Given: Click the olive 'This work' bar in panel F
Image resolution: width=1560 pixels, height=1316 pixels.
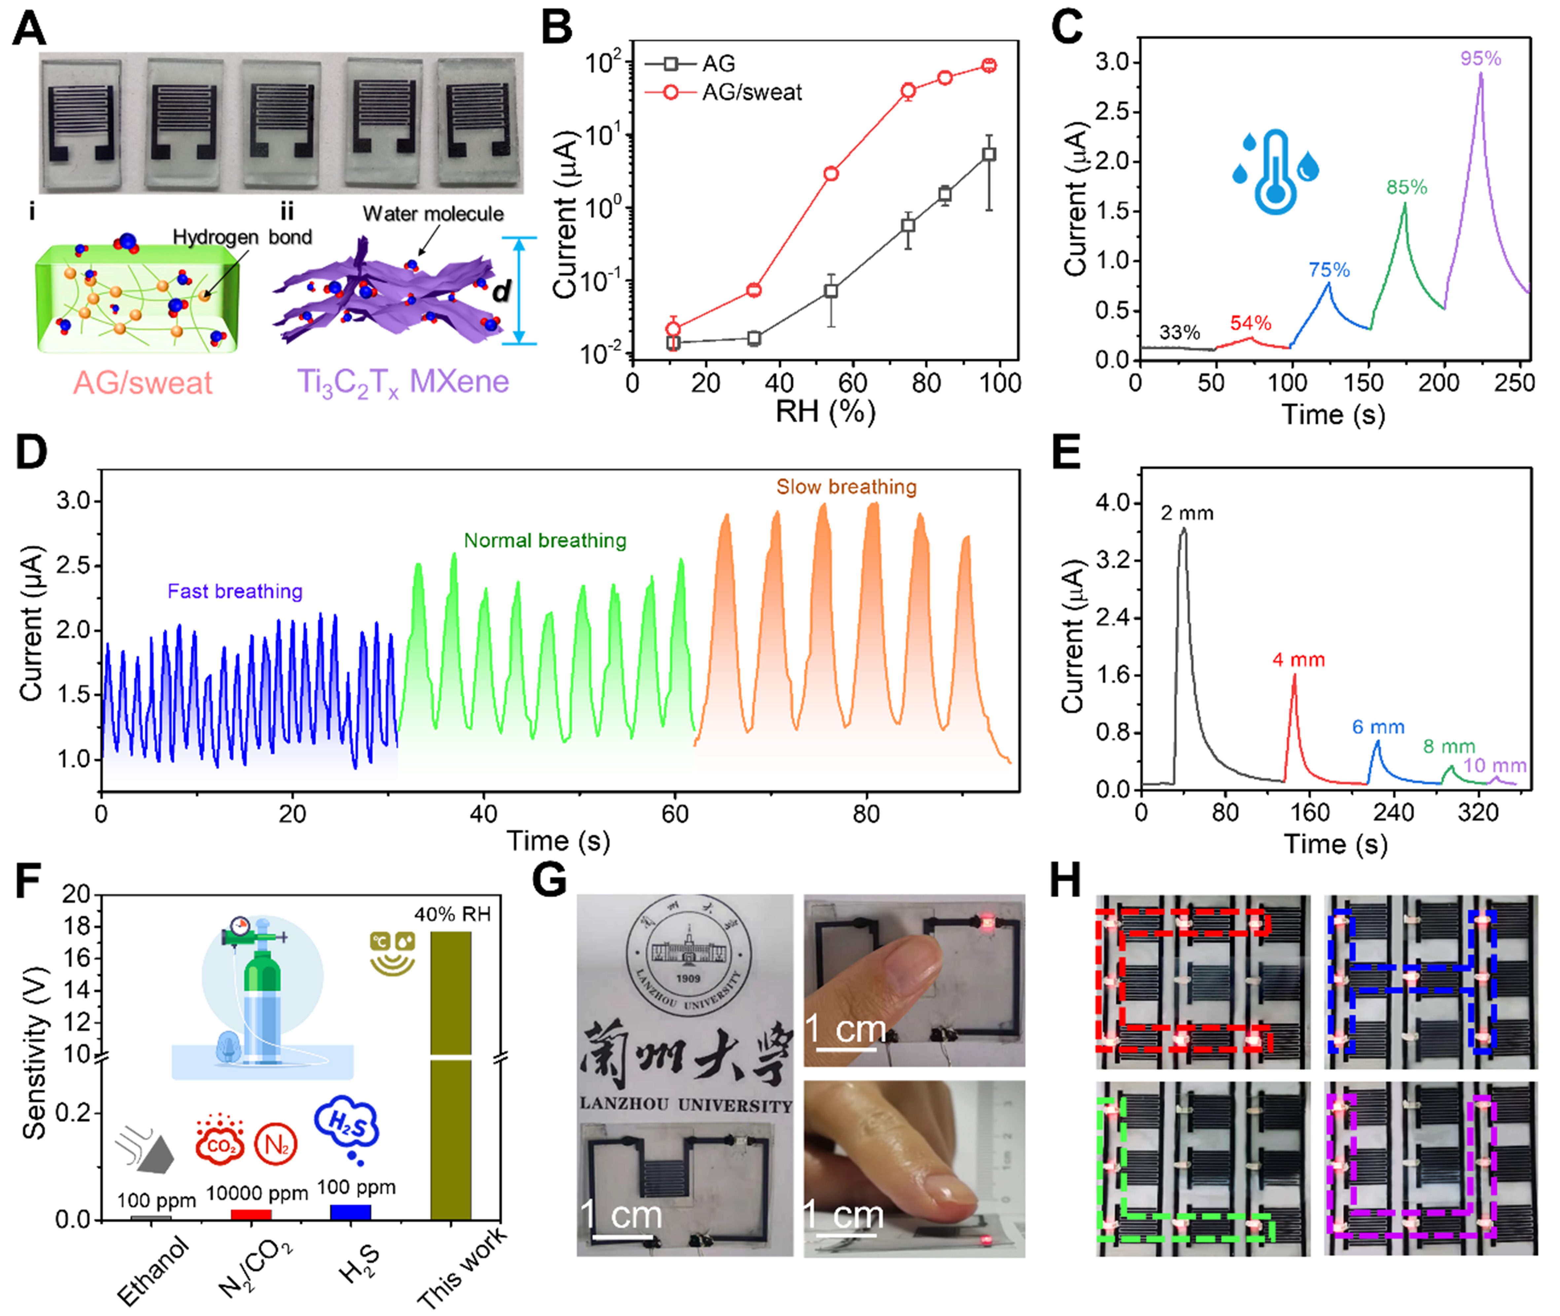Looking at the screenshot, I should coord(451,1074).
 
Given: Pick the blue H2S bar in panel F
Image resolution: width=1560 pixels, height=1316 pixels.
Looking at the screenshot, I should coord(351,1212).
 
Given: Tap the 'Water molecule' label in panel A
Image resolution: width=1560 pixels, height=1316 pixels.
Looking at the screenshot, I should coord(433,214).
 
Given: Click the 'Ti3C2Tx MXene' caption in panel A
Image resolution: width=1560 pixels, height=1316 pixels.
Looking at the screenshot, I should coord(403,382).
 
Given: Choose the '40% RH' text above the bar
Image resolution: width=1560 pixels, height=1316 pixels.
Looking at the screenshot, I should coord(452,915).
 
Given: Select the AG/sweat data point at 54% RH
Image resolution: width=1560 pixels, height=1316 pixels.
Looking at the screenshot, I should coord(831,174).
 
